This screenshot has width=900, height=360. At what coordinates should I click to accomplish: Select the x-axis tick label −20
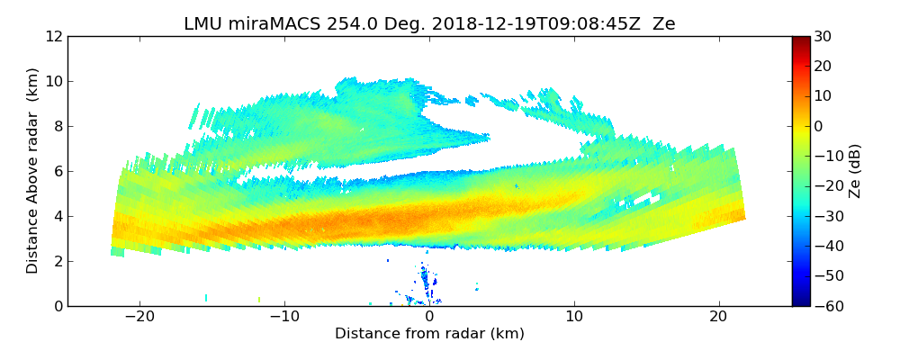click(139, 317)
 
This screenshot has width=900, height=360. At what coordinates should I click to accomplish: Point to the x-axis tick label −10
click(284, 317)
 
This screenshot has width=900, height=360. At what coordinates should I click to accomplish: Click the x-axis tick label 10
click(574, 317)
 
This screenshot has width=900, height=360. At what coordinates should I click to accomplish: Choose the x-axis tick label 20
click(718, 317)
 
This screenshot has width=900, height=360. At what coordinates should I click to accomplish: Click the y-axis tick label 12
click(53, 37)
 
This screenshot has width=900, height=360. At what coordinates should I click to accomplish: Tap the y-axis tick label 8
click(57, 127)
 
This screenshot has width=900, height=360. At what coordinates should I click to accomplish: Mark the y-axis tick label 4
click(57, 217)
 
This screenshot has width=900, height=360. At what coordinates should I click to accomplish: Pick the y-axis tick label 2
click(57, 262)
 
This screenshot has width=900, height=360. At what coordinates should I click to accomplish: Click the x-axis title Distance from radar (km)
click(429, 334)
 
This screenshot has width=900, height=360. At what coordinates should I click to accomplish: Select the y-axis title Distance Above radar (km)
click(32, 171)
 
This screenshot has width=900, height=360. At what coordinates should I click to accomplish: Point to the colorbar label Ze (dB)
click(855, 171)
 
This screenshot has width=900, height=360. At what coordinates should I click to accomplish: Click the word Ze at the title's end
click(664, 24)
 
